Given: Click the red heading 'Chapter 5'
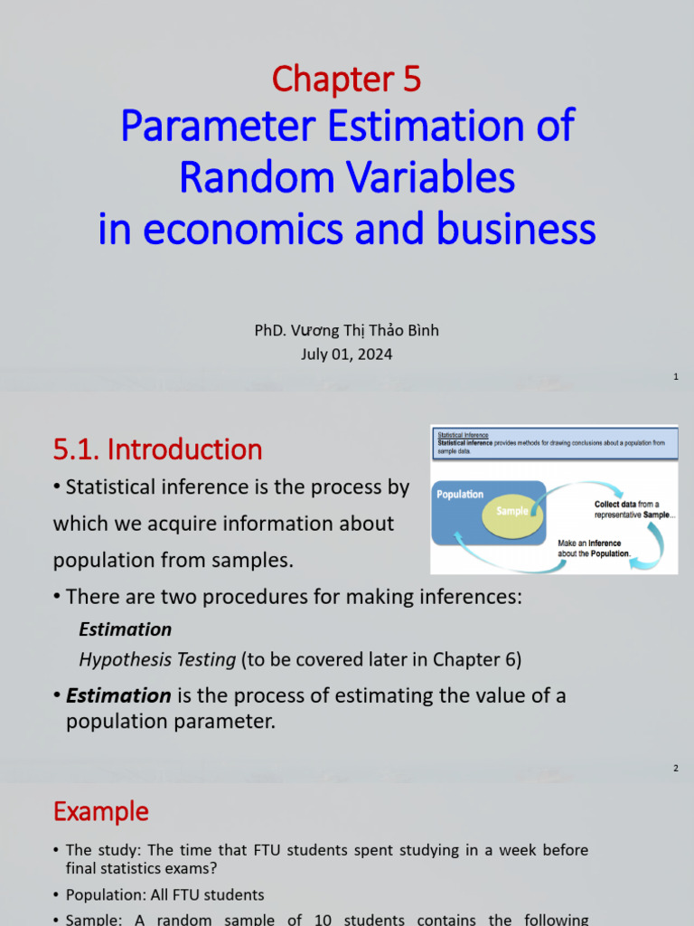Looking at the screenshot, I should tap(346, 80).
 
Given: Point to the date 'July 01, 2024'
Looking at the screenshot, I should tap(346, 354).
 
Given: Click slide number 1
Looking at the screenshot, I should tap(675, 376).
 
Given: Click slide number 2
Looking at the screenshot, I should tap(675, 769).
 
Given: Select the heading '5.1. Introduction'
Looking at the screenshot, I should tap(157, 449).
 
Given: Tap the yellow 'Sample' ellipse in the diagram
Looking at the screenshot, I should tap(511, 512).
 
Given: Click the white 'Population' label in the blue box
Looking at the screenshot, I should tap(460, 495).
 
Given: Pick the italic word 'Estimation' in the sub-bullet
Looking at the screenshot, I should tap(126, 628).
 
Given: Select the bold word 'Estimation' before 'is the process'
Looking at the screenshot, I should tap(118, 695).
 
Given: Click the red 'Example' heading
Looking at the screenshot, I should tap(101, 811).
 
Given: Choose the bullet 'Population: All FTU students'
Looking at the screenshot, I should tap(165, 894).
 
